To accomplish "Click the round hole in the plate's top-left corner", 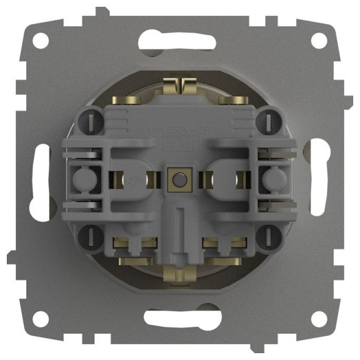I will (x=41, y=42).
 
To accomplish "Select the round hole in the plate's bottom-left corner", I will (x=41, y=318).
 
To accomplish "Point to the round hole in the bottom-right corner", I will (x=318, y=318).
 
